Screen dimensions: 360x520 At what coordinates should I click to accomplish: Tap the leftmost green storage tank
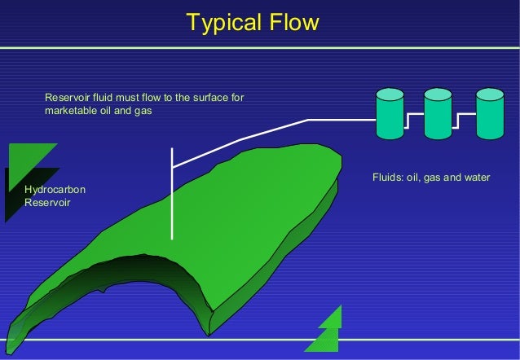point(389,113)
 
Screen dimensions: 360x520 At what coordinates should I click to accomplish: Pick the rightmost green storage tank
point(490,113)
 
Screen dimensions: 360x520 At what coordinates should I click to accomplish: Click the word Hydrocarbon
point(55,190)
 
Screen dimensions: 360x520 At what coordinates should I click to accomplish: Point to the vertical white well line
point(172,195)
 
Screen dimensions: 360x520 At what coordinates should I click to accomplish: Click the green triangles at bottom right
point(326,330)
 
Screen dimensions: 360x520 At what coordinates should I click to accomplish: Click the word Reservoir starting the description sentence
point(67,99)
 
